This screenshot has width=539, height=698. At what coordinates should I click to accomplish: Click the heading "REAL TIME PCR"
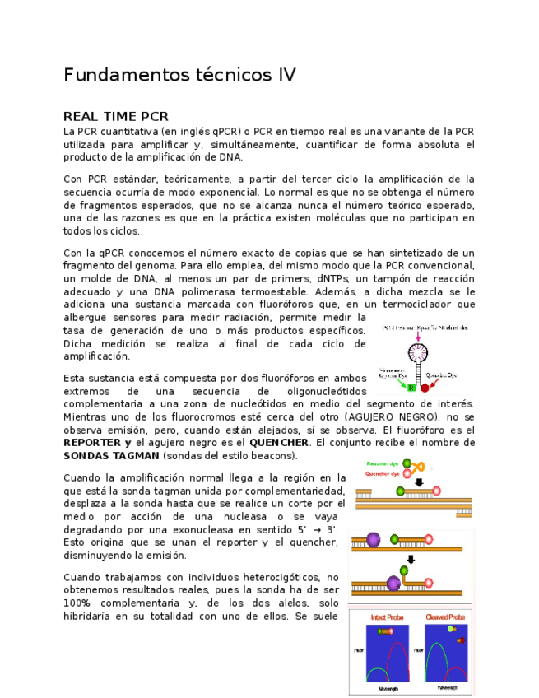point(115,117)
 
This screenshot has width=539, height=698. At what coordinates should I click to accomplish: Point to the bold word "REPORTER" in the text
point(92,442)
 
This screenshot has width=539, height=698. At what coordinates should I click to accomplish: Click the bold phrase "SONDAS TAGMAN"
point(111,455)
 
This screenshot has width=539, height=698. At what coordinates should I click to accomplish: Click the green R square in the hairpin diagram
point(411,387)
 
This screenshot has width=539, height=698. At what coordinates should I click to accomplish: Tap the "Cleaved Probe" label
point(445,617)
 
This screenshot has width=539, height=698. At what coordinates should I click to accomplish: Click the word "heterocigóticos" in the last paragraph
point(273,577)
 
